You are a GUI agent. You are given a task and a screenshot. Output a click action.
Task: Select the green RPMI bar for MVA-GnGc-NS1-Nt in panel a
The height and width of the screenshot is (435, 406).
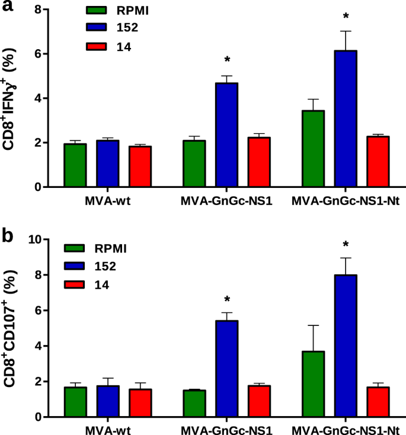click(313, 148)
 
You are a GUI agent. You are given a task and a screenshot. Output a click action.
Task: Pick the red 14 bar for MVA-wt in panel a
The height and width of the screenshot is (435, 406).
click(140, 166)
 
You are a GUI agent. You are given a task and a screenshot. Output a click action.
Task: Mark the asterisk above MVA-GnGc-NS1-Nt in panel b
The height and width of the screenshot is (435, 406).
click(346, 244)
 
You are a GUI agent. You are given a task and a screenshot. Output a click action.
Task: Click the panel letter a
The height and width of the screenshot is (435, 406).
click(8, 9)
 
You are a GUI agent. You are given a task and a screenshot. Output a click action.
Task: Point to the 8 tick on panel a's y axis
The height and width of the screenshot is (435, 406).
click(38, 10)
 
